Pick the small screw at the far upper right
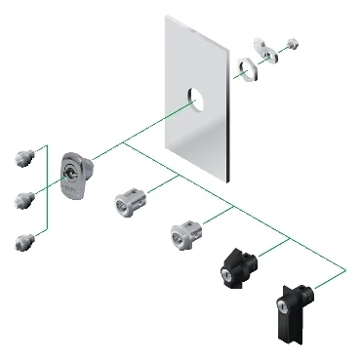293,44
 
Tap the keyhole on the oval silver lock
68,175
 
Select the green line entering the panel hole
156,124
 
